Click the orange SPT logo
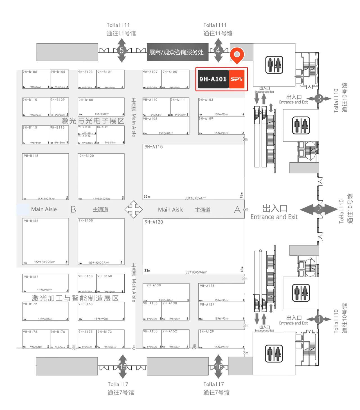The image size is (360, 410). [x=237, y=79]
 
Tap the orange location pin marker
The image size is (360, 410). [x=237, y=55]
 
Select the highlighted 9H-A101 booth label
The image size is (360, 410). [x=213, y=79]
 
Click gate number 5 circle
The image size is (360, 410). [x=121, y=51]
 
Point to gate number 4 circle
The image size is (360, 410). [x=218, y=50]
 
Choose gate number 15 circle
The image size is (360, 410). [x=123, y=367]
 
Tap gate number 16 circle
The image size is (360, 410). [x=219, y=367]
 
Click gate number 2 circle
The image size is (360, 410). [x=319, y=210]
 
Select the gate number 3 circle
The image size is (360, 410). [x=319, y=99]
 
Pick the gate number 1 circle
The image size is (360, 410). [x=319, y=319]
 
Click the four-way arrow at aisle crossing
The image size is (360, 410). [x=134, y=209]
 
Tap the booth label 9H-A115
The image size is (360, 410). [x=154, y=147]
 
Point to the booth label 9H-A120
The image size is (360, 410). [x=154, y=222]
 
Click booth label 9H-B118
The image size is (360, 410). [x=31, y=156]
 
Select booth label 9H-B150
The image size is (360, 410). [x=85, y=220]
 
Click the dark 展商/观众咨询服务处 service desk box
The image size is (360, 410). [x=177, y=52]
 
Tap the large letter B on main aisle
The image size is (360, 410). [x=73, y=209]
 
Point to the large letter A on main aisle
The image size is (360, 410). [x=237, y=210]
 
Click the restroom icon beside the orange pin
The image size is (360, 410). [x=274, y=65]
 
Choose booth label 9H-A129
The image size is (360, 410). [x=207, y=331]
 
